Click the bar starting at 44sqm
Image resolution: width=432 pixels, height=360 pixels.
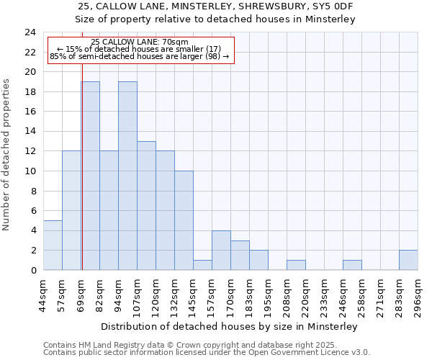[x=53, y=245]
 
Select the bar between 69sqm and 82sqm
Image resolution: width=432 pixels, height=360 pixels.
[x=91, y=176]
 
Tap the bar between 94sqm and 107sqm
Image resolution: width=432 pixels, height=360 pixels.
[x=127, y=176]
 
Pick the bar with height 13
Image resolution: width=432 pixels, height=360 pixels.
[x=146, y=205]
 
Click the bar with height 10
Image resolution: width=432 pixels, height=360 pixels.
[x=184, y=220]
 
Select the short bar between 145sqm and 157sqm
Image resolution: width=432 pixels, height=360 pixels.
[x=202, y=265]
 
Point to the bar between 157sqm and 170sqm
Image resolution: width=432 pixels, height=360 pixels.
[x=221, y=250]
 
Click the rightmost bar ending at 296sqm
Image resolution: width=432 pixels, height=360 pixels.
[x=408, y=260]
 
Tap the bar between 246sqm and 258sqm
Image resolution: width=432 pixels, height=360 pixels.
[x=352, y=265]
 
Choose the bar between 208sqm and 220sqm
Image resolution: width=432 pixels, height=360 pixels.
[x=296, y=265]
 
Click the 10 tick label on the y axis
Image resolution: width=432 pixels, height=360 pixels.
[x=30, y=171]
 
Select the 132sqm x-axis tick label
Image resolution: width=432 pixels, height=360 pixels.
[x=175, y=294]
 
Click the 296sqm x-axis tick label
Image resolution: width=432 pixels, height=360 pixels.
[x=418, y=294]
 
